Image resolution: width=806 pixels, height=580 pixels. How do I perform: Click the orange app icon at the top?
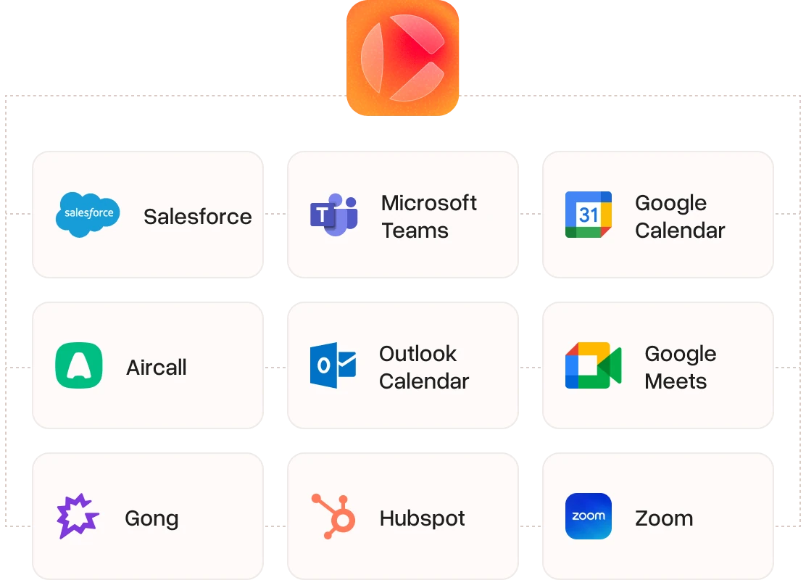tap(402, 57)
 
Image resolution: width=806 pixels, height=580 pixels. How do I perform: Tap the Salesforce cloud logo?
tap(88, 215)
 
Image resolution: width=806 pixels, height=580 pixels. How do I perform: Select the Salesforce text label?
tap(198, 217)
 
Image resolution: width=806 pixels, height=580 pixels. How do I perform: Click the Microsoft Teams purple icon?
tap(333, 215)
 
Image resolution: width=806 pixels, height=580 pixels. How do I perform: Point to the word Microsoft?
tap(428, 203)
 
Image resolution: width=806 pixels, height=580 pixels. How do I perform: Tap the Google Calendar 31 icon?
tap(589, 215)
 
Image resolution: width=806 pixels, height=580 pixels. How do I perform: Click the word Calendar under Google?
tap(680, 231)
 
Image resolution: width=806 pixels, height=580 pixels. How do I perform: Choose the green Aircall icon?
tap(79, 365)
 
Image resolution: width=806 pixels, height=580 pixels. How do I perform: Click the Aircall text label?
tap(157, 367)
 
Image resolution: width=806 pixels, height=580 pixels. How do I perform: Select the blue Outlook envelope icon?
tap(333, 365)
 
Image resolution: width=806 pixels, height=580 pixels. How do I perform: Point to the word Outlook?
tap(418, 354)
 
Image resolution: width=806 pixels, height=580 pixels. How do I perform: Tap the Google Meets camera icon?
tap(593, 365)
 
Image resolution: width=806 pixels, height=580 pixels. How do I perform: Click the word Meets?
tap(676, 381)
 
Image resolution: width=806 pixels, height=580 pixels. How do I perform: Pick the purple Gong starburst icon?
tap(78, 516)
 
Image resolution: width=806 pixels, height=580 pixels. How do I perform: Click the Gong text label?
tap(151, 519)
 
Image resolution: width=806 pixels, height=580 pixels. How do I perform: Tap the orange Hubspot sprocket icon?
tap(333, 516)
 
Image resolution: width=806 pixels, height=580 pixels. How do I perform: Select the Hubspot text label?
tap(422, 518)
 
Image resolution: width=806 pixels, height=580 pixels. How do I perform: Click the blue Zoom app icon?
tap(589, 516)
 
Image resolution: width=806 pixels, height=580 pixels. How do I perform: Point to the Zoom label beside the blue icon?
tap(664, 518)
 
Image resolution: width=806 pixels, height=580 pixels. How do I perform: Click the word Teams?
tap(415, 231)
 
